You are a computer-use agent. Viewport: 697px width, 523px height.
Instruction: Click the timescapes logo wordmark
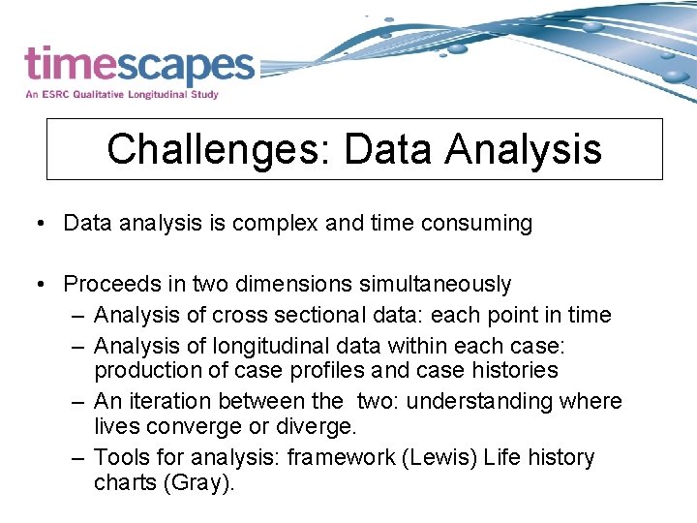pyautogui.click(x=139, y=66)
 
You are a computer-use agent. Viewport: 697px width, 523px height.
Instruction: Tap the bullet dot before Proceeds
pyautogui.click(x=41, y=285)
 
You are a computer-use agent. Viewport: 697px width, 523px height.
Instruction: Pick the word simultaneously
pyautogui.click(x=436, y=285)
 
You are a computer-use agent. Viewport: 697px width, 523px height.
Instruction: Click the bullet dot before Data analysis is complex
pyautogui.click(x=41, y=224)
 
